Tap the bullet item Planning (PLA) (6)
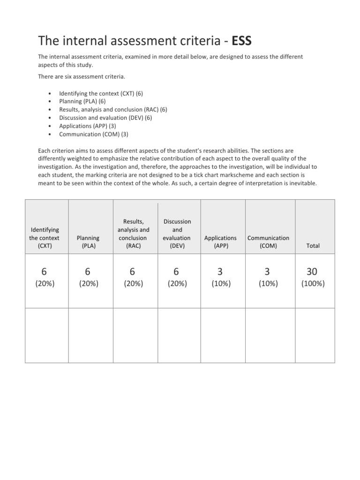(82, 101)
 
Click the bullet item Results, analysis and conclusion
(113, 109)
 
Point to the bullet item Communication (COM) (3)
(94, 134)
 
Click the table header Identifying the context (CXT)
(45, 238)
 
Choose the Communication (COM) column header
(268, 241)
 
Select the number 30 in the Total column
(312, 271)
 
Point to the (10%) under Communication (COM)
(268, 284)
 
